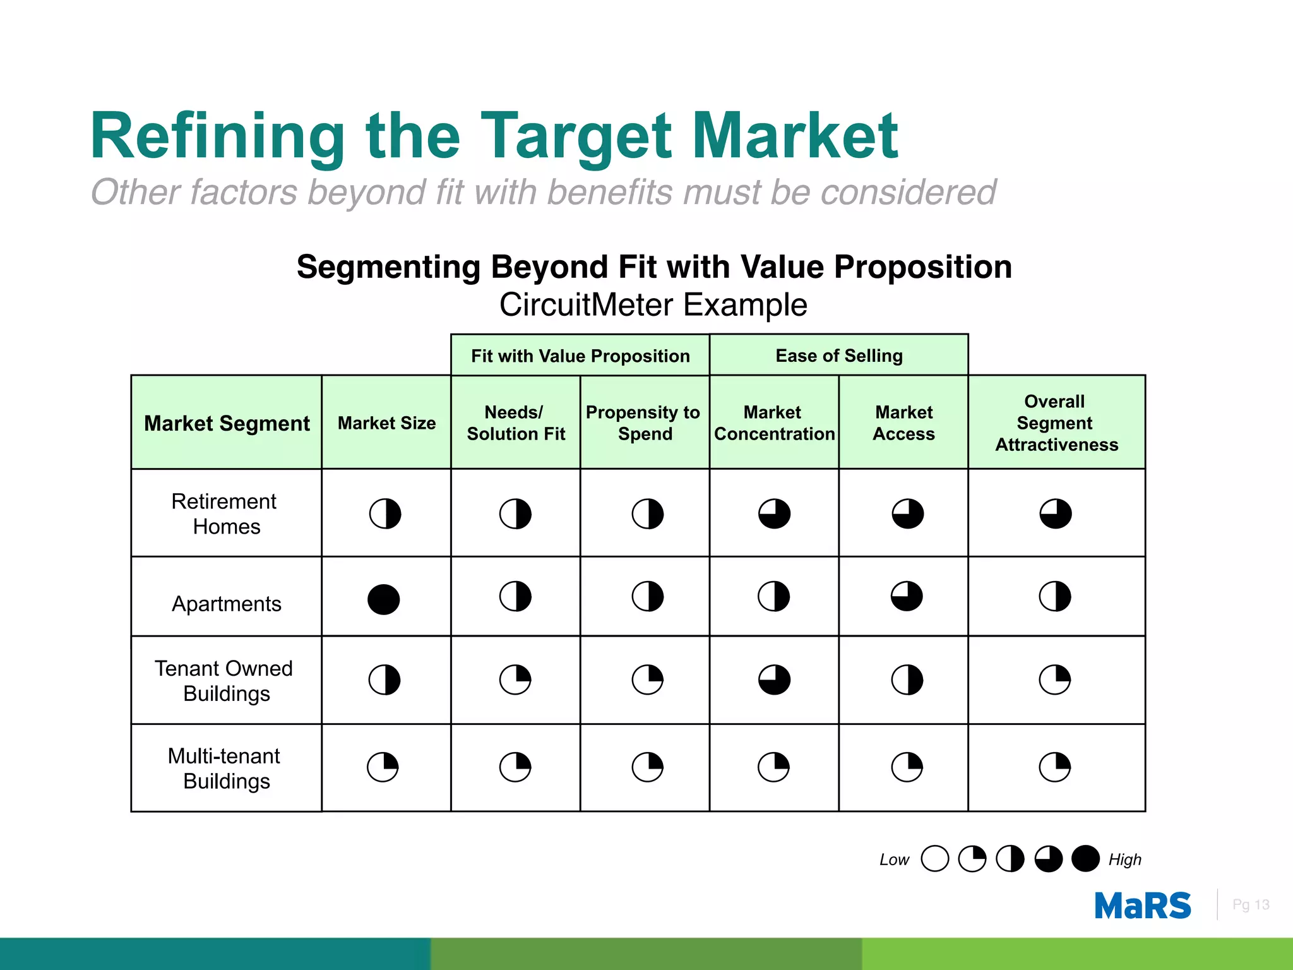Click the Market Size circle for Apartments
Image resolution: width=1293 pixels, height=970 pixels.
[x=384, y=599]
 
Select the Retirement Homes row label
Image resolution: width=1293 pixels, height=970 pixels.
[x=225, y=513]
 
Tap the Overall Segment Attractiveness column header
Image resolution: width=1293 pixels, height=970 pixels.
[x=1056, y=422]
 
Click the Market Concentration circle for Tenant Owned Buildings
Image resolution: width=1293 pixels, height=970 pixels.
[x=774, y=680]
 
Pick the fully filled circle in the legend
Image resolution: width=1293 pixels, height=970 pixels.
[x=1085, y=859]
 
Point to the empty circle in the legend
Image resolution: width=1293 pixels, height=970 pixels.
[x=934, y=859]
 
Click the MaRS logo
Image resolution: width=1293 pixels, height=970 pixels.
[x=1143, y=906]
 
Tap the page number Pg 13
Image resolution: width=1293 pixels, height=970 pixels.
[x=1250, y=904]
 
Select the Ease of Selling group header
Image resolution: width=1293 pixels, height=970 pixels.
[x=839, y=356]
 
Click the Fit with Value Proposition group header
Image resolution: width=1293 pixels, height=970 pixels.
[x=580, y=356]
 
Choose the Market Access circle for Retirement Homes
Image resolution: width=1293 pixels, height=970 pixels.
[x=907, y=513]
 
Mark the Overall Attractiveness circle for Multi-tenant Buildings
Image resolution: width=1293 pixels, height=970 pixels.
[x=1055, y=767]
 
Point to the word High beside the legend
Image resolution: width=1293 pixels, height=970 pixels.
[x=1124, y=859]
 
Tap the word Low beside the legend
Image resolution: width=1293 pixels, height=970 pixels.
[x=894, y=859]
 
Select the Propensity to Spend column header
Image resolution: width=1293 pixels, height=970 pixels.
[x=644, y=422]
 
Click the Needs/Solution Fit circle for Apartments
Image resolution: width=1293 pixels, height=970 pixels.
[x=515, y=596]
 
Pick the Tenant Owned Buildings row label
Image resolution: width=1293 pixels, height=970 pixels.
[x=225, y=680]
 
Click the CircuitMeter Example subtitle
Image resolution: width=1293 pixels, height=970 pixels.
[x=653, y=305]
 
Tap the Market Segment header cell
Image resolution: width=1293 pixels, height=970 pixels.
[x=227, y=423]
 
